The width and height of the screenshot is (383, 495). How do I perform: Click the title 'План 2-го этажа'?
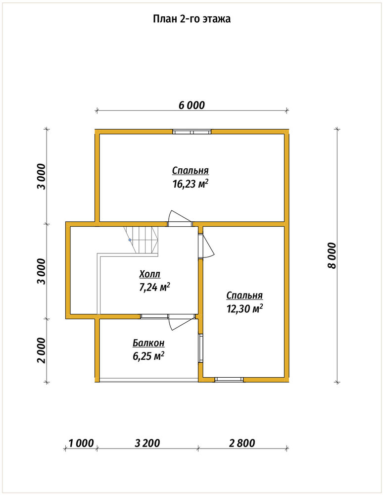point(192,19)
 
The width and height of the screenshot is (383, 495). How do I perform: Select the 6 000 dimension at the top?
point(191,105)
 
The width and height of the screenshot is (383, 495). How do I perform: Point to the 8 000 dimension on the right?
point(332,255)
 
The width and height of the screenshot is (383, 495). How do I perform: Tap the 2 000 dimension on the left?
point(41,350)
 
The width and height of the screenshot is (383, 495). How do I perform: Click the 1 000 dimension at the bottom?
point(81,443)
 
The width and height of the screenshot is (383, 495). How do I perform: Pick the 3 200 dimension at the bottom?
point(147,443)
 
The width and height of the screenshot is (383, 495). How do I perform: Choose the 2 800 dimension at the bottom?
point(242,443)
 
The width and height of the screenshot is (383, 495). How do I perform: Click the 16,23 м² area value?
point(191,184)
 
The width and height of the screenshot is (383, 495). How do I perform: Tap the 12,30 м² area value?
point(244,308)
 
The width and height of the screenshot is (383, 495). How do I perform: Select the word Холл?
point(150,274)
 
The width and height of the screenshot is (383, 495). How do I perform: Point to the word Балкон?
point(148,343)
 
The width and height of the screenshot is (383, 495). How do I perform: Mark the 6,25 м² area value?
point(148,356)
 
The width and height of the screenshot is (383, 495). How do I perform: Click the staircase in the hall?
point(141,240)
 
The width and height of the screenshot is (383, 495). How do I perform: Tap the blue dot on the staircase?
point(130,240)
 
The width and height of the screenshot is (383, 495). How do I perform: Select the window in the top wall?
point(192,132)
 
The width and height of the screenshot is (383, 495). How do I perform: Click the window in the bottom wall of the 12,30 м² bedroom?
point(229,380)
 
